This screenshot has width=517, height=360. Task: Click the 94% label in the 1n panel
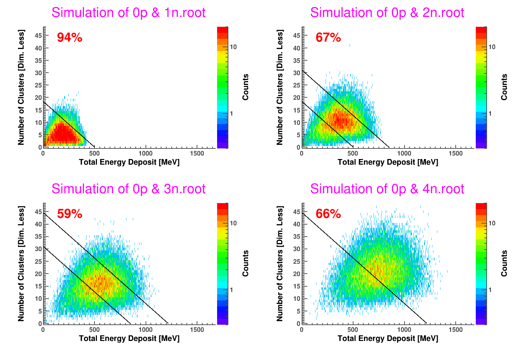tap(69, 37)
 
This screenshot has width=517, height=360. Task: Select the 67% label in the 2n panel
tap(328, 37)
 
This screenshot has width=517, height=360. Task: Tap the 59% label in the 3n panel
tap(69, 214)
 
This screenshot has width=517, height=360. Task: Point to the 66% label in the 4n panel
tap(328, 214)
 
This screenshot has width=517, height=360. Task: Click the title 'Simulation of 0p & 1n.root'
tap(128, 13)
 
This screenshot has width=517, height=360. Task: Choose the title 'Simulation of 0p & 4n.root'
tap(387, 189)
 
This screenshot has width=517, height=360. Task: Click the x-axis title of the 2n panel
tap(388, 162)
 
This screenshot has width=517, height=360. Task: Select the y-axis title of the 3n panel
tap(21, 263)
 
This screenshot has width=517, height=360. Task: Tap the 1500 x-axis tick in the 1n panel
tap(197, 153)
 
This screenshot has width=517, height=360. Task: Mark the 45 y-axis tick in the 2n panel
tap(297, 36)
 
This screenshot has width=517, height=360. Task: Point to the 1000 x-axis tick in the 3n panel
tap(146, 330)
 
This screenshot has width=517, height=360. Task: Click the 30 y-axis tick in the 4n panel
tap(297, 249)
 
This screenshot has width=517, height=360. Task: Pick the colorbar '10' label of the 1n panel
tap(233, 47)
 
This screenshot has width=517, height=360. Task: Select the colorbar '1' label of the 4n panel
tap(490, 290)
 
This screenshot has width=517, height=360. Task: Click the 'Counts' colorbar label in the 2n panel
tap(504, 87)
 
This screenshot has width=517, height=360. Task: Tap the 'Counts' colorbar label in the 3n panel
tap(246, 263)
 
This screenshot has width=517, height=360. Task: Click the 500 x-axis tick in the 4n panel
tap(353, 330)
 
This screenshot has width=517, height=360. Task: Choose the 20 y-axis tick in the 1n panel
tap(38, 98)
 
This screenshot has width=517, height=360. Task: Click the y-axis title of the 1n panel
tap(21, 87)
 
